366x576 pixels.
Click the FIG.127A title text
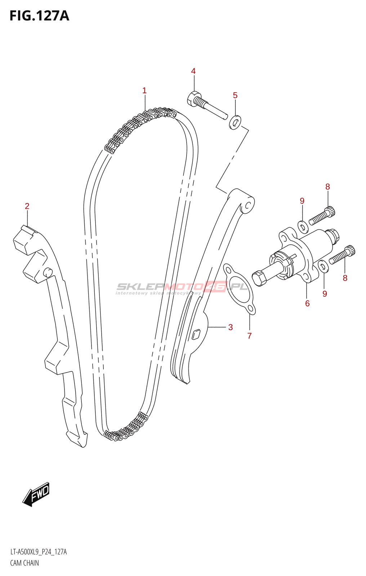(x=39, y=16)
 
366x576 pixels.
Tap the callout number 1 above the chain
(x=144, y=90)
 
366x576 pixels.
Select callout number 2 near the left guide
(x=27, y=206)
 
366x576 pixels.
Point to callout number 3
(x=231, y=327)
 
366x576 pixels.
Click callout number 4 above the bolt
(x=193, y=71)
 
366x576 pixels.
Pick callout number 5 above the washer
(x=235, y=95)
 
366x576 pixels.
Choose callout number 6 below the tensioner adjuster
(x=307, y=303)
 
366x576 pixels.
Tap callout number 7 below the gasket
(x=249, y=336)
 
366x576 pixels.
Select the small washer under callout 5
(x=235, y=123)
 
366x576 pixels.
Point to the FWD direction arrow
(x=36, y=494)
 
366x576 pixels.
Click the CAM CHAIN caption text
(x=24, y=563)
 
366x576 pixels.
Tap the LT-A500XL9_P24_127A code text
(x=39, y=552)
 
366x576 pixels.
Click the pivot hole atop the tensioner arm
(x=248, y=206)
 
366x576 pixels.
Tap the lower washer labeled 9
(x=323, y=267)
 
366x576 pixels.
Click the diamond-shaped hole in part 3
(x=196, y=335)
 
